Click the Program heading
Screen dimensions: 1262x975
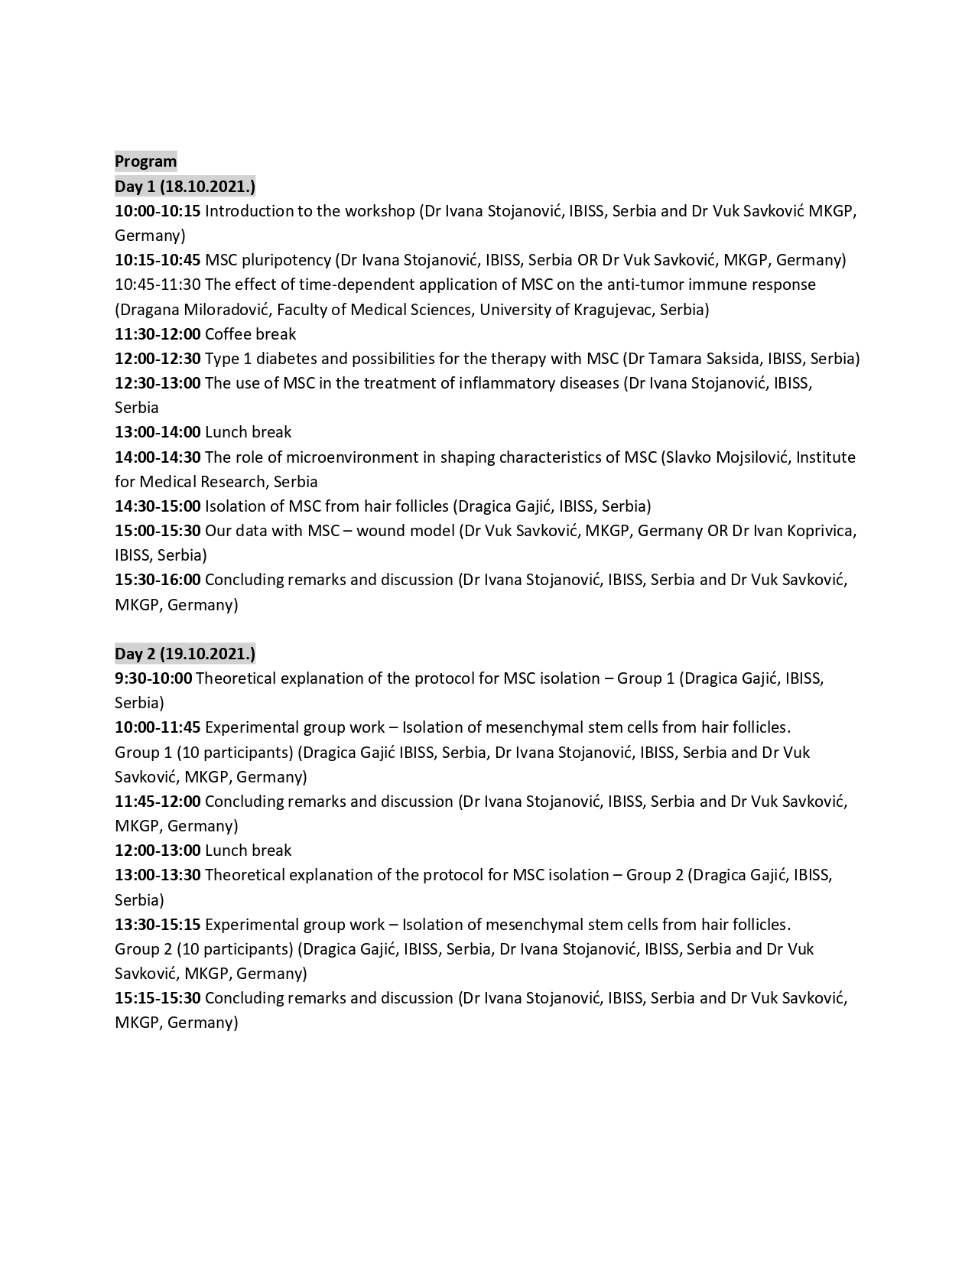coord(145,161)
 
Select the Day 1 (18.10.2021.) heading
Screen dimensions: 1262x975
coord(185,186)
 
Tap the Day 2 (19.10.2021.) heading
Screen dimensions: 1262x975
coord(185,653)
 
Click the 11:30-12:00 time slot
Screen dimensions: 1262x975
coord(158,334)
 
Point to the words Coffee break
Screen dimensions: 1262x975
coord(250,334)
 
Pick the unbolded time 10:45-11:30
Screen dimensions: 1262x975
coord(158,285)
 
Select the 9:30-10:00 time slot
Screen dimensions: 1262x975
coord(154,678)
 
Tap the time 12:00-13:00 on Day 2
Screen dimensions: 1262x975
coord(158,851)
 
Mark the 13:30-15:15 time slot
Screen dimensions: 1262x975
coord(158,924)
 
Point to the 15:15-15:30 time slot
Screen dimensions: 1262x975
coord(158,998)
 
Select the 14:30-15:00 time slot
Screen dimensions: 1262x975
coord(158,506)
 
